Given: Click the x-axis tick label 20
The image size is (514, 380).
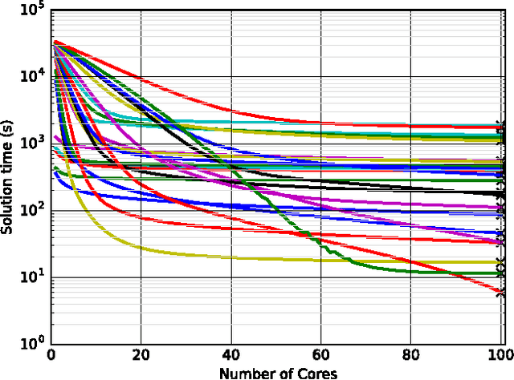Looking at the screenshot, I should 141,354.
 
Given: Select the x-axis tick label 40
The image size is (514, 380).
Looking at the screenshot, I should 231,354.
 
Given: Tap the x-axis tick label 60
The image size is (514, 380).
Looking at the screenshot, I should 321,354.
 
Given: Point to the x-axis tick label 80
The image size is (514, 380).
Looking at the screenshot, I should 411,354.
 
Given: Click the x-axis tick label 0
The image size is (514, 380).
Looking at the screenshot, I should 51,354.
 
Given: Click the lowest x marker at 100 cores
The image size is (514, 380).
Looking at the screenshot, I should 500,293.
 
